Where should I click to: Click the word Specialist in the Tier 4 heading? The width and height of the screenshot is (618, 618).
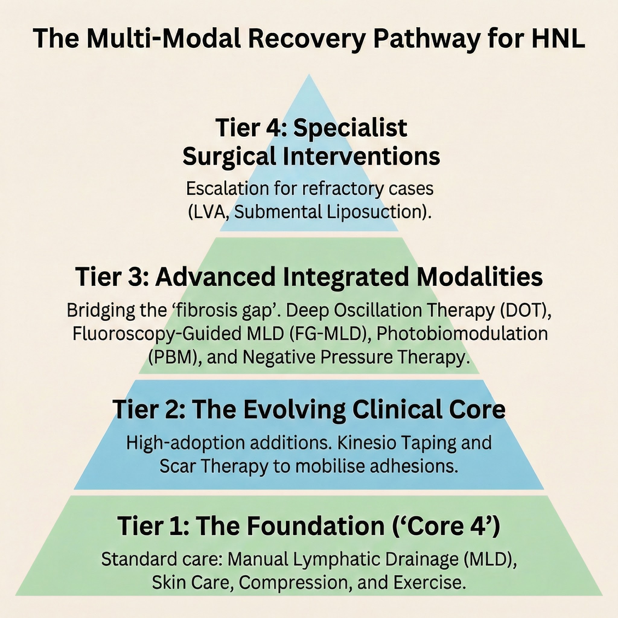(x=350, y=128)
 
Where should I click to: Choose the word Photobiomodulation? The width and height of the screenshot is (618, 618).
(x=462, y=333)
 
